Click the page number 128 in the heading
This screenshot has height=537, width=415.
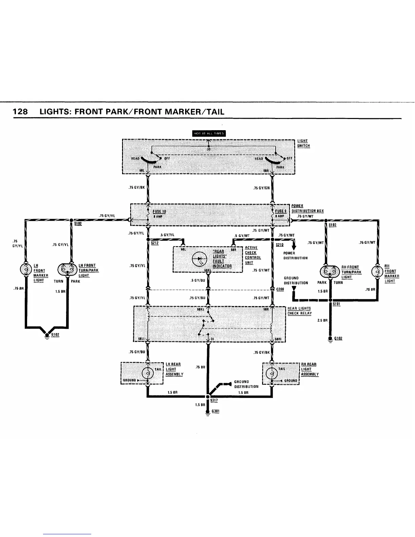tap(20, 112)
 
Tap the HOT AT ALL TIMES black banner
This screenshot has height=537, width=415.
tap(209, 133)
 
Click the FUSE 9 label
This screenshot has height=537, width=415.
tap(281, 211)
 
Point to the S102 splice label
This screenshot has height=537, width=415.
tap(78, 224)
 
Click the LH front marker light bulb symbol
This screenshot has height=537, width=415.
tap(26, 270)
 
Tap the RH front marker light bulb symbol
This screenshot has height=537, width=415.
tap(377, 272)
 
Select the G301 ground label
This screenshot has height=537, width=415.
tap(216, 411)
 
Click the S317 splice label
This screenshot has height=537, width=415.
tap(214, 400)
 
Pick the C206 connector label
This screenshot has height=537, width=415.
tap(280, 289)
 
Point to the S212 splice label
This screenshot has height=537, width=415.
tap(155, 243)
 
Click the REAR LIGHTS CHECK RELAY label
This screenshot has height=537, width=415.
tap(299, 311)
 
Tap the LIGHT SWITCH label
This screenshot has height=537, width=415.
tap(303, 143)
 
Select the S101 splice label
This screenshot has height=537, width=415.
tap(336, 304)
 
